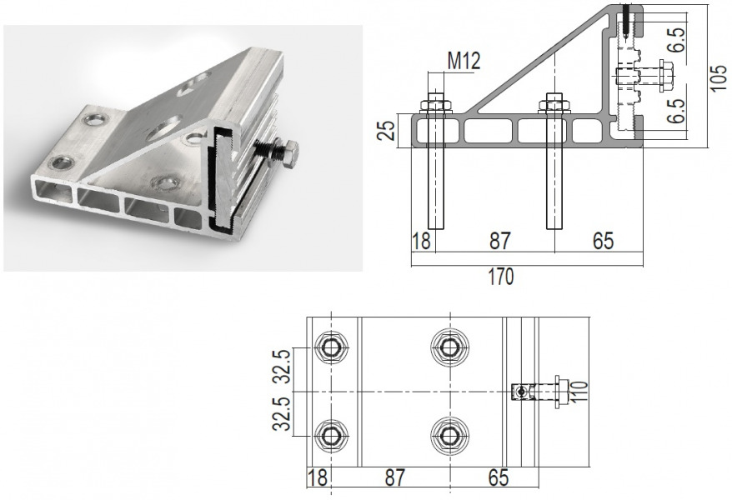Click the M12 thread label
point(464,61)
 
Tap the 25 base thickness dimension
point(385,130)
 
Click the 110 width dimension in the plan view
point(580,392)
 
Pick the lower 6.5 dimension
point(676,108)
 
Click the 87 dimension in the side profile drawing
point(499,241)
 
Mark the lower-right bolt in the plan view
point(449,435)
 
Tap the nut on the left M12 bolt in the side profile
point(436,105)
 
